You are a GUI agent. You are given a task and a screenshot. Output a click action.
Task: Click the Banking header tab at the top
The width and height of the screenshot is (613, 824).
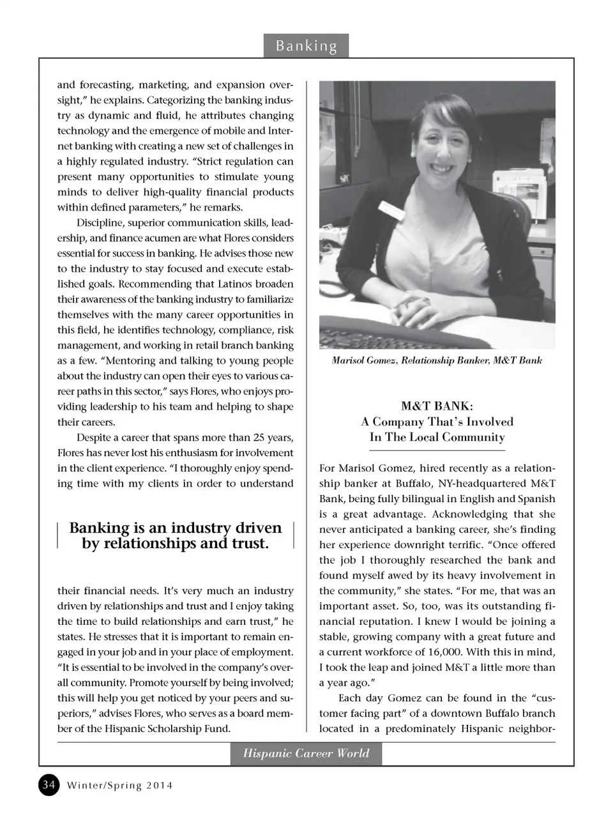point(306,46)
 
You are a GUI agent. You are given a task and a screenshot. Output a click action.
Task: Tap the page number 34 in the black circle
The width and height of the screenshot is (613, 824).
point(49,784)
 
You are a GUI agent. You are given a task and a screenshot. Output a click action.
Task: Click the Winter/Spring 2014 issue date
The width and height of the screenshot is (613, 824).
point(120,786)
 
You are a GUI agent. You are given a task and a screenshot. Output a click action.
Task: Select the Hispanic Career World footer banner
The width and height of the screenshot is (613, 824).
point(306,754)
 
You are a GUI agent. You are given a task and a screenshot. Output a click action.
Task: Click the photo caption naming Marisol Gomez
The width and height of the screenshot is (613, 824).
point(437,361)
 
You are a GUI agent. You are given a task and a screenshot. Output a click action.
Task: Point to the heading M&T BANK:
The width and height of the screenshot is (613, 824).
point(437,406)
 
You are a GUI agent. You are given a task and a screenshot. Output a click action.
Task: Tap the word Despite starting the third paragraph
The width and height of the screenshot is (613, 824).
point(96,438)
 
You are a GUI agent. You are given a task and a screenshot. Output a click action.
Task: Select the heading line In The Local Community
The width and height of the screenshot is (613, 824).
point(437,438)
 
